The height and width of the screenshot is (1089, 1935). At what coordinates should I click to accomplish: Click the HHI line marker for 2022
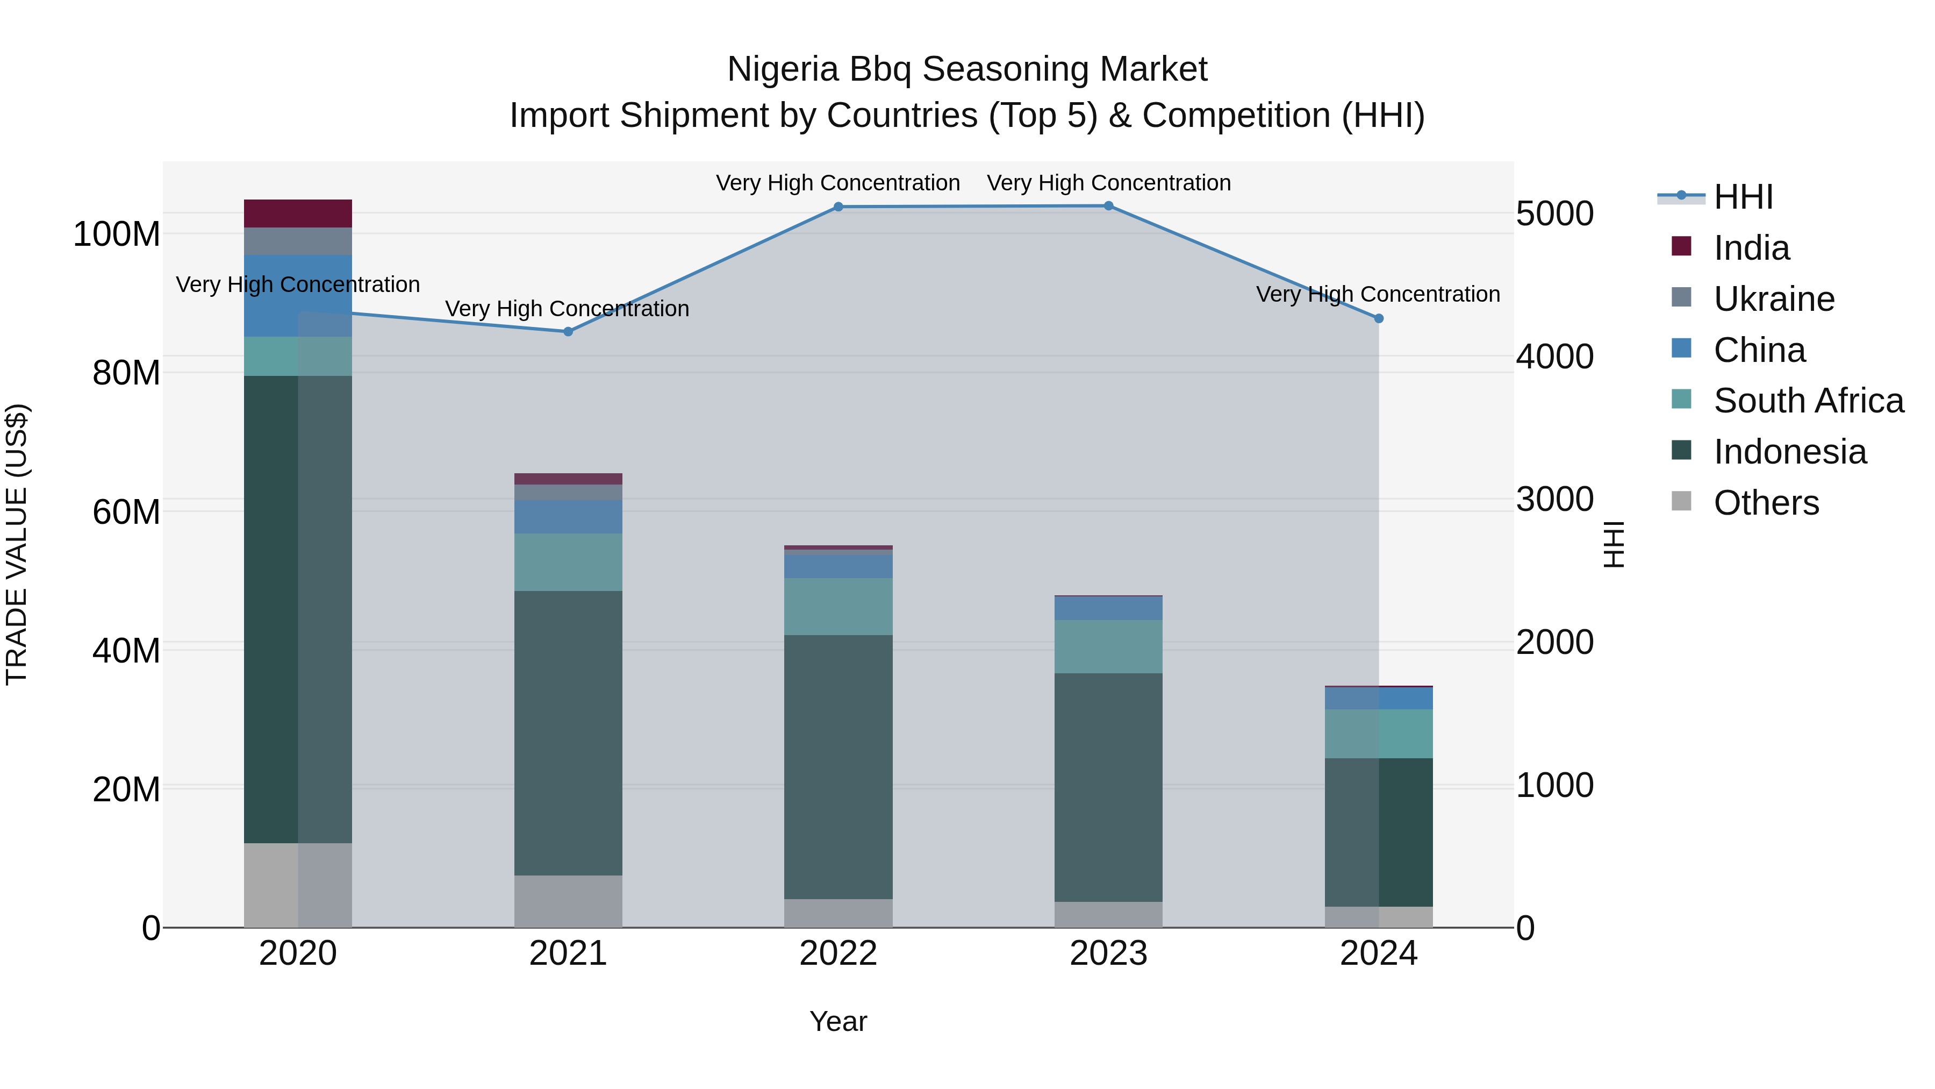click(x=838, y=207)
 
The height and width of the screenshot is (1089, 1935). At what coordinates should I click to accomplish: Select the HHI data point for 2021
click(x=568, y=331)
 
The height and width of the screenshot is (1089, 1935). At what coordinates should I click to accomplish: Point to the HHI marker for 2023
click(x=1109, y=206)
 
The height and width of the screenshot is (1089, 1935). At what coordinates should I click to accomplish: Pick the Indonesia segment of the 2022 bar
click(x=838, y=766)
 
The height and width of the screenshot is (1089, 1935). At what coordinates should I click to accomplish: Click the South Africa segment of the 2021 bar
click(x=568, y=562)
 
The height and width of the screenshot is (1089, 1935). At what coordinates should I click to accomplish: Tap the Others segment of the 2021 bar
click(x=568, y=901)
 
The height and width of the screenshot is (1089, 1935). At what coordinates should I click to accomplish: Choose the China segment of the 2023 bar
click(x=1109, y=608)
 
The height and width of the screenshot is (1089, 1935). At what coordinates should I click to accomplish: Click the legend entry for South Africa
click(x=1808, y=401)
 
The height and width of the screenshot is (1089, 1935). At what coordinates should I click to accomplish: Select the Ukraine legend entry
click(x=1774, y=299)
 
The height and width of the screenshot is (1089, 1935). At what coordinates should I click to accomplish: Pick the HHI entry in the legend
click(x=1743, y=197)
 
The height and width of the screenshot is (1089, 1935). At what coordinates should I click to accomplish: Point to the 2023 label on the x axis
click(x=1109, y=953)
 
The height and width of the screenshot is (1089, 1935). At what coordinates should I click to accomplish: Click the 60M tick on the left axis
click(x=126, y=512)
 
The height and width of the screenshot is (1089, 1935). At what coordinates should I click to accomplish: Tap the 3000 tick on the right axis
click(x=1554, y=499)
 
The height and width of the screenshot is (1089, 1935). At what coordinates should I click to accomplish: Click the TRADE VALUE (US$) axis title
click(x=17, y=544)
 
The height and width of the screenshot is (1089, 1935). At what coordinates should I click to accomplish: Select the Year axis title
click(x=838, y=1021)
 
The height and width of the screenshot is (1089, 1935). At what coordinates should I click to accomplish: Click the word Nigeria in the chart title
click(x=782, y=69)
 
